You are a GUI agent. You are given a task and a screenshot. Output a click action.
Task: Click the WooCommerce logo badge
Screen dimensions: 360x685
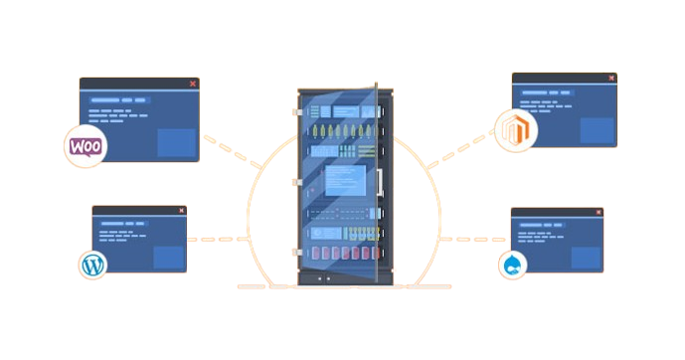pyautogui.click(x=86, y=146)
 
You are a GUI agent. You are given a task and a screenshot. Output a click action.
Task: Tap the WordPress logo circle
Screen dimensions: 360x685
pyautogui.click(x=92, y=265)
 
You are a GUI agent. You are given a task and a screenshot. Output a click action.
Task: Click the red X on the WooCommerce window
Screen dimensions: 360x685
pyautogui.click(x=192, y=85)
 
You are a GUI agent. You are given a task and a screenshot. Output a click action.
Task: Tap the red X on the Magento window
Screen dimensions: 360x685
pyautogui.click(x=609, y=79)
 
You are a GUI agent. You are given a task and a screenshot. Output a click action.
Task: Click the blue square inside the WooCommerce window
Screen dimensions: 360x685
pyautogui.click(x=177, y=142)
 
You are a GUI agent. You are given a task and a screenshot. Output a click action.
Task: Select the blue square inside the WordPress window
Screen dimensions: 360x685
pyautogui.click(x=169, y=256)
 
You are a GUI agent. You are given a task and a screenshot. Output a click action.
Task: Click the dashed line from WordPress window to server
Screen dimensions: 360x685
pyautogui.click(x=219, y=239)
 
